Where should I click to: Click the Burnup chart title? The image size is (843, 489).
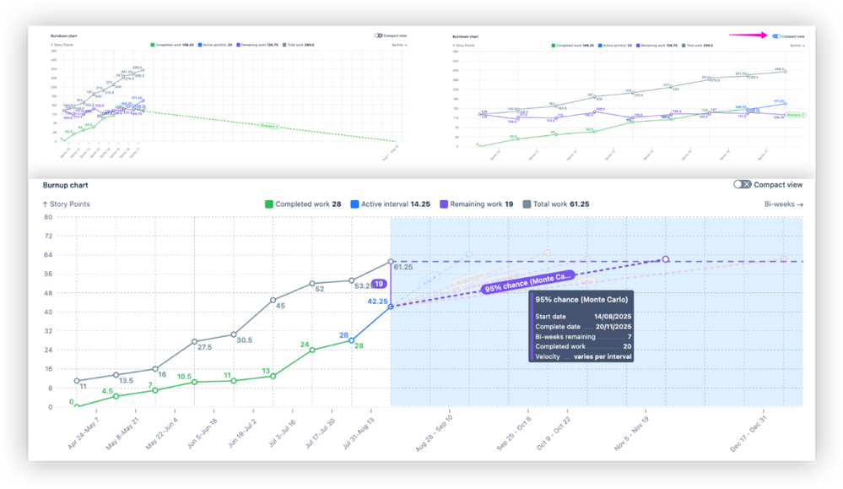click(66, 184)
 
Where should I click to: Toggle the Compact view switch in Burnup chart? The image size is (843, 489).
click(742, 184)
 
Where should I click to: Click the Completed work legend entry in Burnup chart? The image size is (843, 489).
click(303, 204)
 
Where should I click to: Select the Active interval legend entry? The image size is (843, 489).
click(391, 204)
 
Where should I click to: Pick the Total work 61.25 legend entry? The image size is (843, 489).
click(556, 204)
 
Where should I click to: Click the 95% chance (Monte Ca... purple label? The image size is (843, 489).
click(527, 282)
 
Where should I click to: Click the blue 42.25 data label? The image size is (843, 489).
click(376, 301)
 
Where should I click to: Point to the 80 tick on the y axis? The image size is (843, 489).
click(48, 217)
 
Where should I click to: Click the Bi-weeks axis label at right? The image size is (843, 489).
click(783, 204)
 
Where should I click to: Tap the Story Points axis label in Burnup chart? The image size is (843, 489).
click(66, 204)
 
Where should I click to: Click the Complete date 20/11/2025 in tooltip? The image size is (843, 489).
click(583, 326)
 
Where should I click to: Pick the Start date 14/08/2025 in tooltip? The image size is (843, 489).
click(583, 315)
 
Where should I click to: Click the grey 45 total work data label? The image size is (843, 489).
click(279, 306)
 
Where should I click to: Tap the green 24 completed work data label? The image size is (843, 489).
click(305, 345)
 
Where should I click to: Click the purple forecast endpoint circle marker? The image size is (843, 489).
click(666, 259)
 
